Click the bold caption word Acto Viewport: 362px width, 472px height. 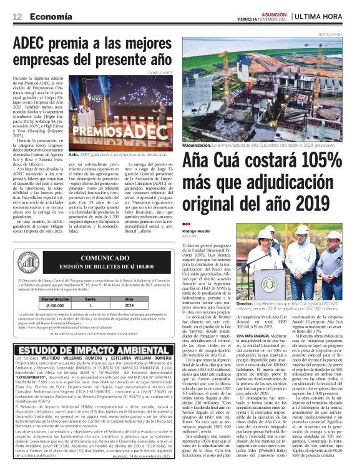pyautogui.click(x=73, y=154)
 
